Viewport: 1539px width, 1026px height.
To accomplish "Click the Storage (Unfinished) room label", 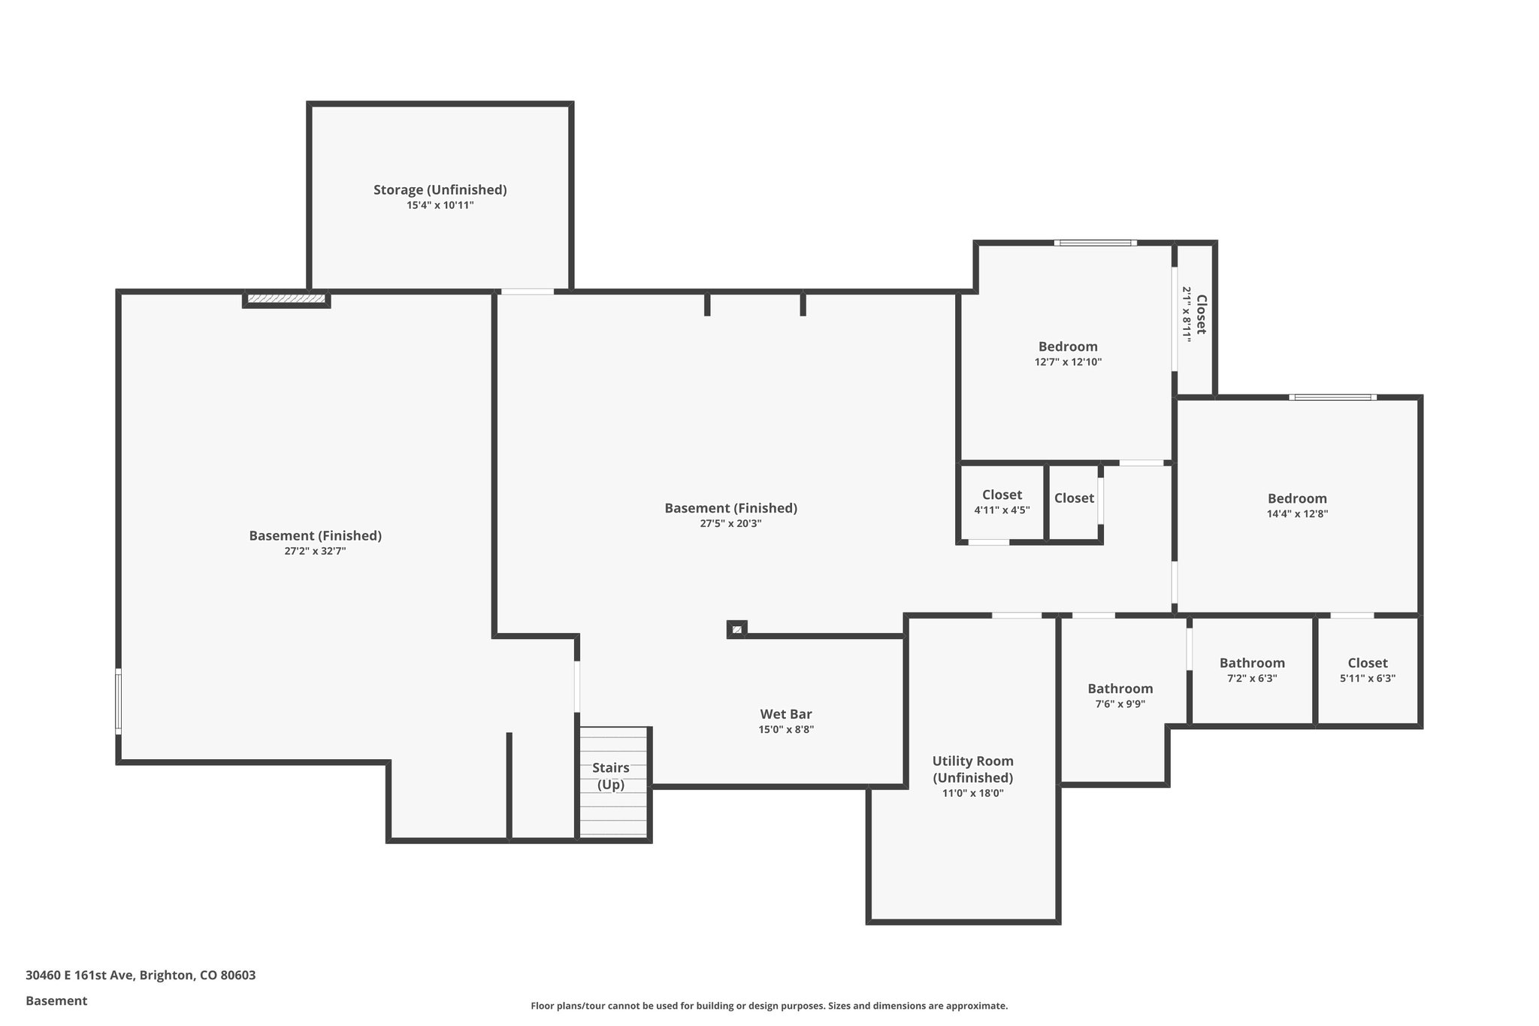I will tap(440, 189).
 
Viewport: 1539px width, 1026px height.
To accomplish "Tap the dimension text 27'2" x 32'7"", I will tap(315, 551).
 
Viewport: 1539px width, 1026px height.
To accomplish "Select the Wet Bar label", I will tap(785, 714).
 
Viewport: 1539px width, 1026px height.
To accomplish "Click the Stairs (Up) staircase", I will tap(612, 782).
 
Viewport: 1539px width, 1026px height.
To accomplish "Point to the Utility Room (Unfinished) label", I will tap(972, 769).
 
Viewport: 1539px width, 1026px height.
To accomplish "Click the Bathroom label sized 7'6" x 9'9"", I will tap(1120, 689).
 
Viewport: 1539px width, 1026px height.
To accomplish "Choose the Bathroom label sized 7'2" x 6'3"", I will tap(1251, 663).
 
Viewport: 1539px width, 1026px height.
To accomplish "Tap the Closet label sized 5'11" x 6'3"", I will tap(1367, 663).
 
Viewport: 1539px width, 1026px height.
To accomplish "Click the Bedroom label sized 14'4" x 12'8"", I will tap(1296, 498).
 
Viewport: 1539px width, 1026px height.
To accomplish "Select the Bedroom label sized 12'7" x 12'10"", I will tap(1067, 347).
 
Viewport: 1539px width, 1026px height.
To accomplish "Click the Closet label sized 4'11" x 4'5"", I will tap(1002, 495).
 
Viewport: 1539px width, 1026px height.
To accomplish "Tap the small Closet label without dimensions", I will tap(1073, 498).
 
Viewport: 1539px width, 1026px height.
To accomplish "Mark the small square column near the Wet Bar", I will tap(736, 629).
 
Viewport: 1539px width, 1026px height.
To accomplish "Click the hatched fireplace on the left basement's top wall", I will tap(286, 299).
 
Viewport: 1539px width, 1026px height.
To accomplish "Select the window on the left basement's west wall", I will tap(118, 701).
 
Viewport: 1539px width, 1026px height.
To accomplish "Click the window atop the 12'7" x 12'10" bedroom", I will tap(1095, 243).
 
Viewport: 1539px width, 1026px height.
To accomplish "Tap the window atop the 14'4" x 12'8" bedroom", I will tap(1332, 397).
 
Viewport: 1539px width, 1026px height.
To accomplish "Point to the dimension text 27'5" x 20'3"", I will tap(730, 524).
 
